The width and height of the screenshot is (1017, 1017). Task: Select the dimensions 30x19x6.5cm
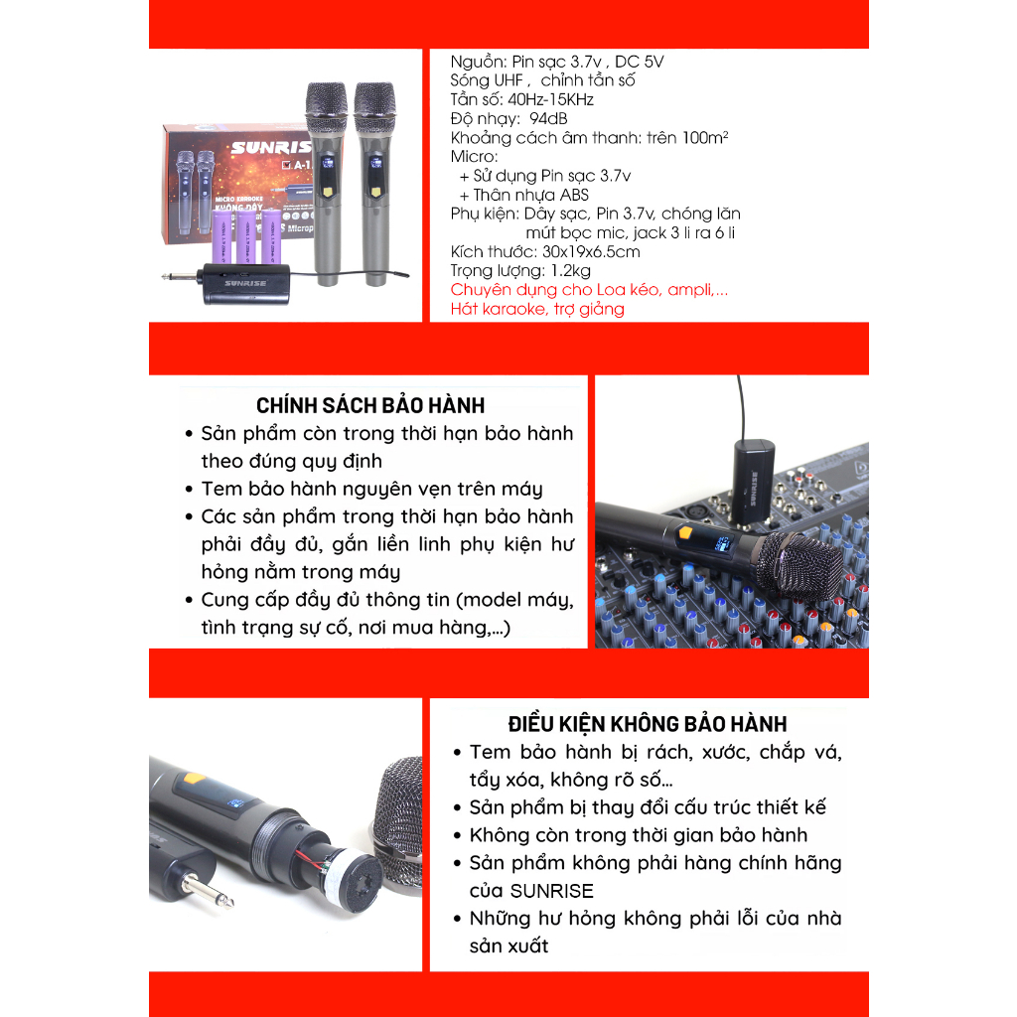click(x=578, y=251)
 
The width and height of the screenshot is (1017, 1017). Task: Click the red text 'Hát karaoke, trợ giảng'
click(x=537, y=309)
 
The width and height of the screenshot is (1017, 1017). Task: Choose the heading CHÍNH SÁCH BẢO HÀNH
click(x=370, y=405)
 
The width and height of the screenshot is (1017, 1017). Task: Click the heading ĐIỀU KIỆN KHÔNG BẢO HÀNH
click(x=647, y=724)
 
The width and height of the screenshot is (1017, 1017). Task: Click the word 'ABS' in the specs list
click(x=573, y=195)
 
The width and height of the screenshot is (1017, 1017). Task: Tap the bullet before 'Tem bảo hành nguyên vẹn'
click(x=189, y=489)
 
